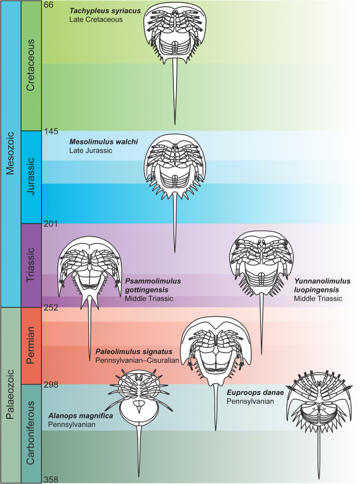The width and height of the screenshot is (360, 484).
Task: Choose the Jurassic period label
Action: (31, 177)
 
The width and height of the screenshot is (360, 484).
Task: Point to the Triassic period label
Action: (31, 266)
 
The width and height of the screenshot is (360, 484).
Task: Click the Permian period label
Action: (31, 346)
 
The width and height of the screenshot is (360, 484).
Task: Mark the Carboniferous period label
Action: (31, 434)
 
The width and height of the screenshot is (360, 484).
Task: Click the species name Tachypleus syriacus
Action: (105, 11)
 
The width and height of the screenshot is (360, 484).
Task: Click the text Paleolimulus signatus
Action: (133, 351)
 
